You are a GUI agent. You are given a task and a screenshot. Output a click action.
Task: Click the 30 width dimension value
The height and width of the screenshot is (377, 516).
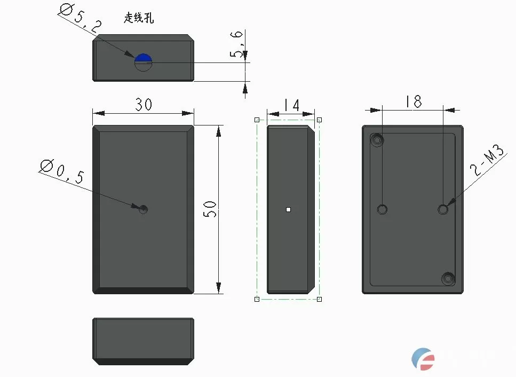[143, 105]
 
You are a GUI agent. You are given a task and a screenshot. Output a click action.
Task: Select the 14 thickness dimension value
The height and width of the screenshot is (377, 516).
[291, 105]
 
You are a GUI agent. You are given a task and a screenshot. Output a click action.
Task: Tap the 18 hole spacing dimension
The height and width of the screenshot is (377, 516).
[413, 101]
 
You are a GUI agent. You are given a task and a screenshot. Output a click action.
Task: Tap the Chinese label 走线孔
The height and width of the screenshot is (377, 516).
[139, 18]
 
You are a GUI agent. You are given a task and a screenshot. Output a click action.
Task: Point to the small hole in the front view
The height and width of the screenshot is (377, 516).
[143, 209]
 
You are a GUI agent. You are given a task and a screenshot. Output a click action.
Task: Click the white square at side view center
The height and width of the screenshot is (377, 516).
[288, 209]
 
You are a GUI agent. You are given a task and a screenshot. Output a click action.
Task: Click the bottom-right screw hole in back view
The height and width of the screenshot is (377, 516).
[447, 278]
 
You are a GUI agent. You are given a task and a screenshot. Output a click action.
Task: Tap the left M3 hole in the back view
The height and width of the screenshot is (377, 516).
[382, 209]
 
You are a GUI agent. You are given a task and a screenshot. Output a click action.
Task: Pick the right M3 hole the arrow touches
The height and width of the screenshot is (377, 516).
[443, 209]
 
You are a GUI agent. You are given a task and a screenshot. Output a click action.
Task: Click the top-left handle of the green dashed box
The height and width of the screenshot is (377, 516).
[257, 120]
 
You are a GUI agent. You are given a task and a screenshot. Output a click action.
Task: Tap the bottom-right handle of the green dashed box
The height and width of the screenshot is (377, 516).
[319, 299]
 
